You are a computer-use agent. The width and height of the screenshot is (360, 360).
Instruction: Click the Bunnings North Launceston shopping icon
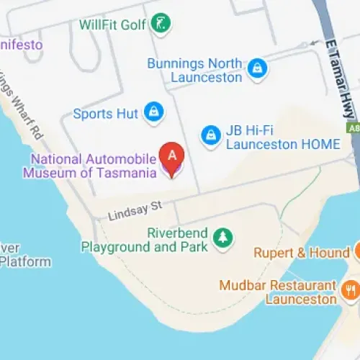[x=257, y=69]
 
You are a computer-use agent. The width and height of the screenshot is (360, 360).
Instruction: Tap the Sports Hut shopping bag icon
[x=153, y=112]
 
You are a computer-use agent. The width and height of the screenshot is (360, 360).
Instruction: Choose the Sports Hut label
[x=106, y=114]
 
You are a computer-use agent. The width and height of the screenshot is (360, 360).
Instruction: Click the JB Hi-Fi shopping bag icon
[x=210, y=134]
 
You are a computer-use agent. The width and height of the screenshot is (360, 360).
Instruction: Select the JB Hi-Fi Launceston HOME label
[x=282, y=137]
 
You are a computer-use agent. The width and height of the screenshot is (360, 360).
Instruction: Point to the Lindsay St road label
[x=136, y=211]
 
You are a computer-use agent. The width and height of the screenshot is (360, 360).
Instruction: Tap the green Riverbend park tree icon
[x=224, y=238]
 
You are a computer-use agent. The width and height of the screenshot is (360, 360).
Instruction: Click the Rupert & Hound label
[x=301, y=253]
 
